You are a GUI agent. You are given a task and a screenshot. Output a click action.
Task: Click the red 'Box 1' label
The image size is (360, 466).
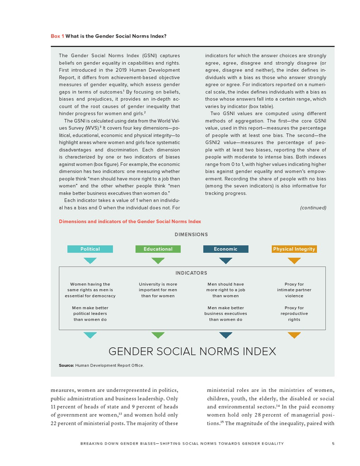tap(57, 36)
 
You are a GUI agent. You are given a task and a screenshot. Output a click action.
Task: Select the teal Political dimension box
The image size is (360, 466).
tap(90, 249)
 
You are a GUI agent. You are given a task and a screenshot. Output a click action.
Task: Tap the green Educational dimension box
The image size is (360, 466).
tap(158, 249)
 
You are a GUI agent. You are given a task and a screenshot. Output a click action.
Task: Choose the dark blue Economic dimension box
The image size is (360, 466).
tap(226, 249)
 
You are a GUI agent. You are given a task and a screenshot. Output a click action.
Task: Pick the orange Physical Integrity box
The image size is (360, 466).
tap(294, 249)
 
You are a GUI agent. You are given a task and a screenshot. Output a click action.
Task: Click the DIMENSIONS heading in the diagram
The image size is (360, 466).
tap(191, 235)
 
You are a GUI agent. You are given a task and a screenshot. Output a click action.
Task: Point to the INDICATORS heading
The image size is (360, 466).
tap(191, 273)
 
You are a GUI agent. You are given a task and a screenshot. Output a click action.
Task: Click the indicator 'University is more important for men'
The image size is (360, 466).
tap(158, 290)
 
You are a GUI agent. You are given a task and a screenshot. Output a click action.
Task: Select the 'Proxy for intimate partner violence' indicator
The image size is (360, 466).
tap(294, 290)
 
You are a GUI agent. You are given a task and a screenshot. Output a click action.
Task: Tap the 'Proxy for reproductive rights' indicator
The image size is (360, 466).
tap(294, 314)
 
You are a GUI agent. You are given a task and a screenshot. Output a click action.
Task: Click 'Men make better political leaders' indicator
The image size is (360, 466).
tap(90, 314)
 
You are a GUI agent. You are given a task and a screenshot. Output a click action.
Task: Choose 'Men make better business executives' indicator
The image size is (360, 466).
tap(226, 314)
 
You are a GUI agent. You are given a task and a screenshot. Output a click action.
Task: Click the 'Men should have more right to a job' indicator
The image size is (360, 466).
tap(226, 290)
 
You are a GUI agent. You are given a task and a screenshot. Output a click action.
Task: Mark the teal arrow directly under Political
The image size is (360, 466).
tap(90, 261)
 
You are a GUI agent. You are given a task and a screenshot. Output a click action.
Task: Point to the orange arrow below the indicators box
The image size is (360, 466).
tap(294, 335)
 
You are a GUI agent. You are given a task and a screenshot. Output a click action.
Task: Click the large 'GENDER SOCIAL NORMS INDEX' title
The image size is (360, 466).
tap(192, 352)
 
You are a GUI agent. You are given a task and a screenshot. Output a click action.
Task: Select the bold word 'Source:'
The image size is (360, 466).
tap(66, 365)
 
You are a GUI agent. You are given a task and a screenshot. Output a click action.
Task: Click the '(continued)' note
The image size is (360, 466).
tap(313, 208)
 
